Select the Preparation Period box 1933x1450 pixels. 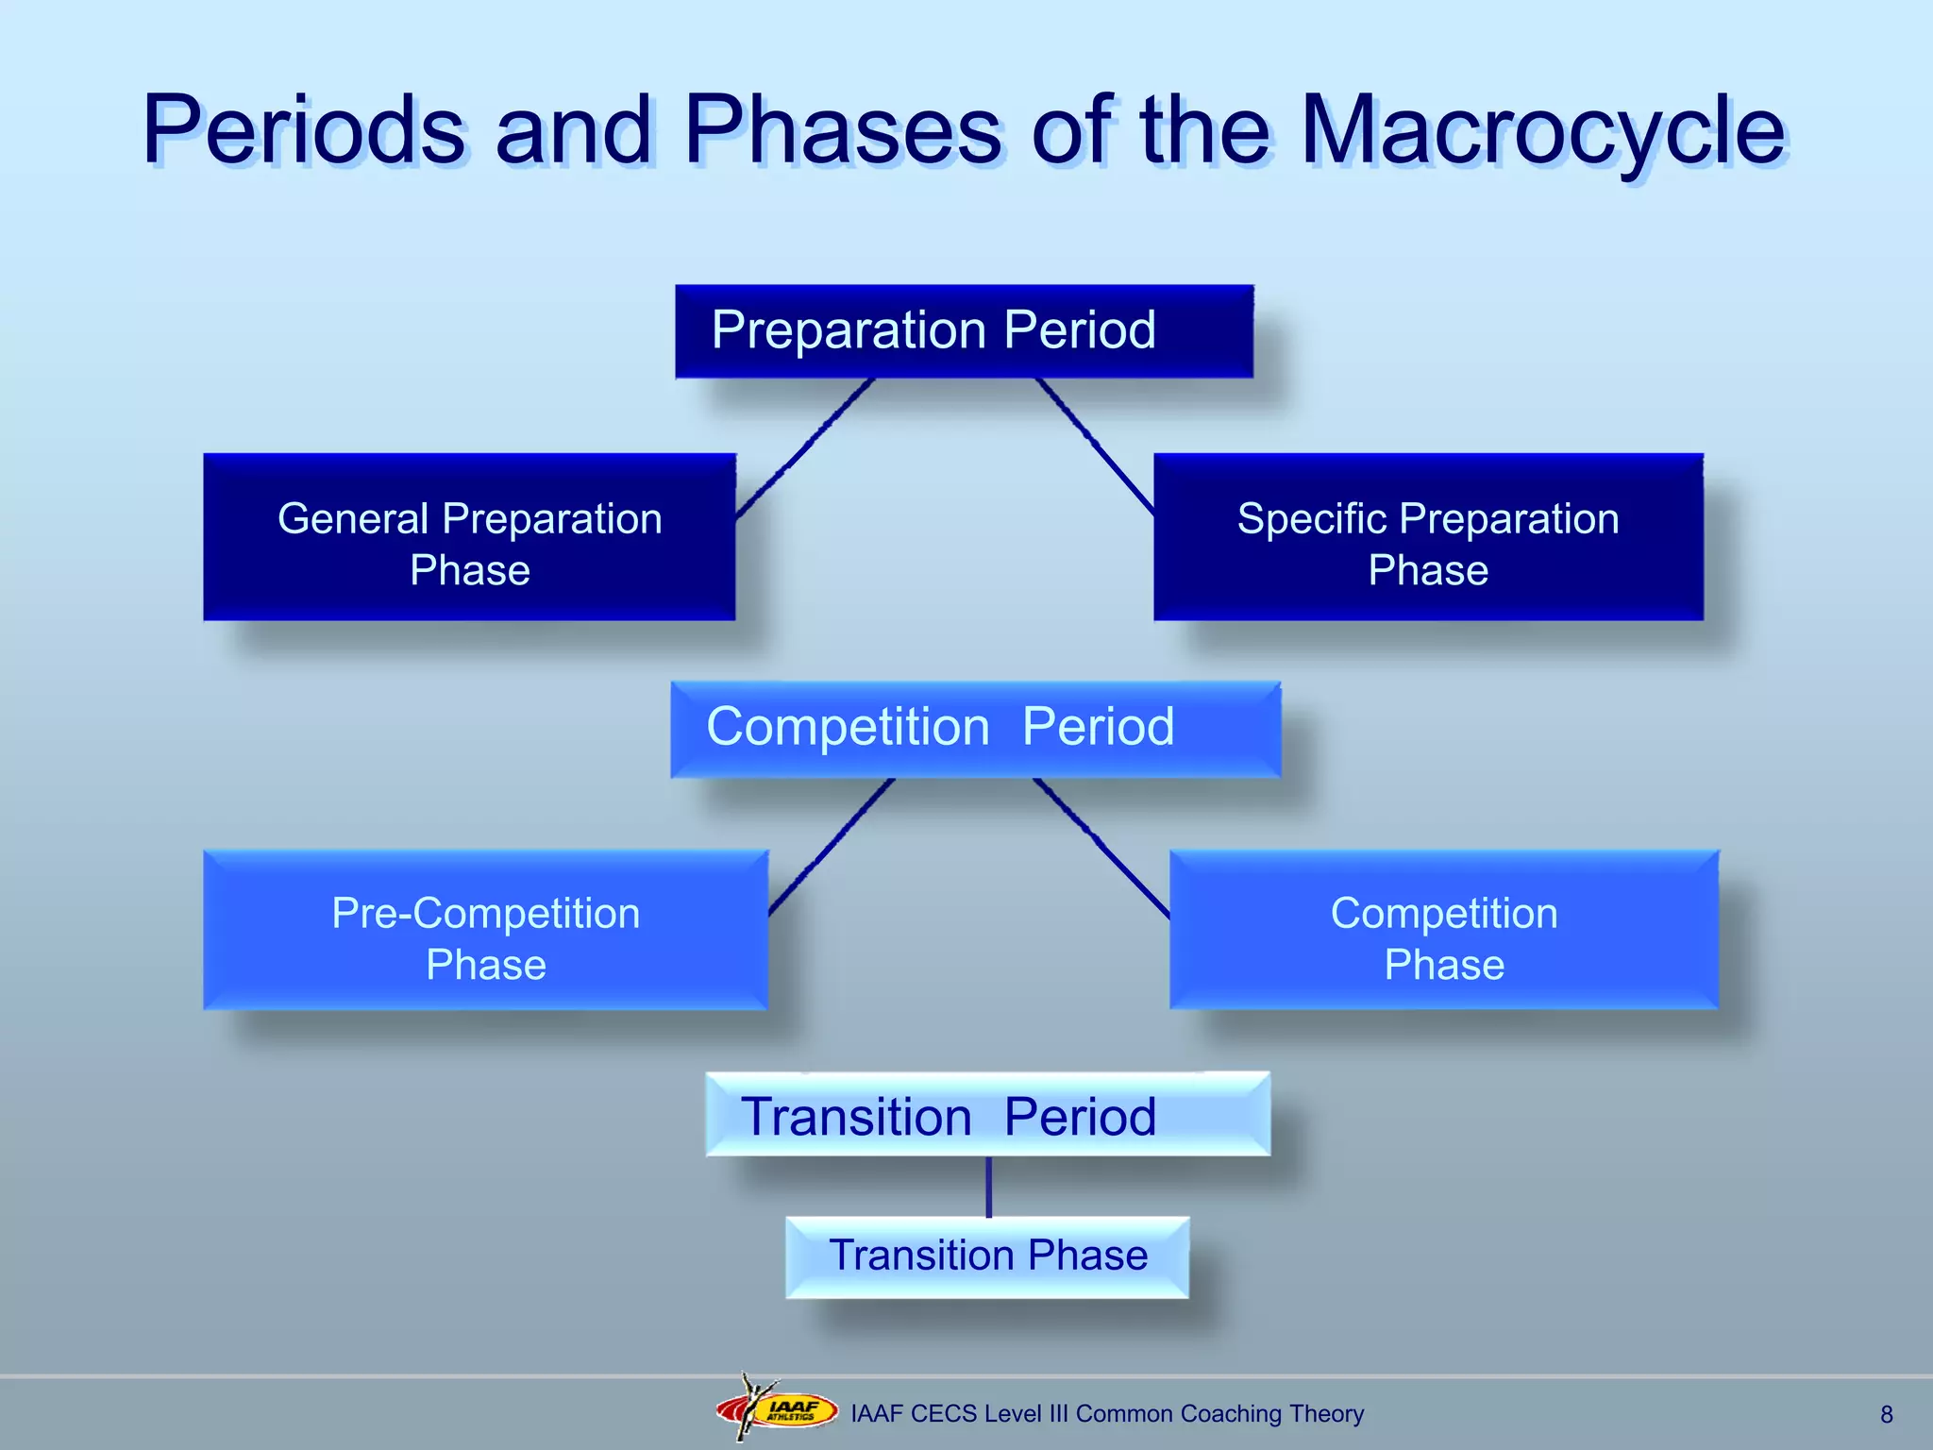(x=964, y=331)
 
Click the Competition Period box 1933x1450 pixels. (x=974, y=729)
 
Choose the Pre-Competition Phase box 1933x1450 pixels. (x=485, y=931)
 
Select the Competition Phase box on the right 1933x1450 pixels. (x=1443, y=931)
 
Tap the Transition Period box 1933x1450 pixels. (x=987, y=1115)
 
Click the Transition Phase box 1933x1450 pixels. (x=987, y=1256)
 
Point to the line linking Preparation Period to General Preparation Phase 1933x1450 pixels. (x=804, y=447)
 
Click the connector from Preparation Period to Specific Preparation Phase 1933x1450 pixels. (x=1095, y=446)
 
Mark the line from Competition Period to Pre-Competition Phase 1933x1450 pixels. (x=831, y=847)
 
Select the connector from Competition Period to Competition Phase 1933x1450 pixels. (x=1101, y=847)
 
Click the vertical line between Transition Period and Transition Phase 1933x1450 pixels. (x=988, y=1187)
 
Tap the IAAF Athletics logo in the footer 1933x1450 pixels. (x=778, y=1409)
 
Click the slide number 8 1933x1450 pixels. (x=1886, y=1414)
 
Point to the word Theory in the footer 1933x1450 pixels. (x=1326, y=1413)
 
